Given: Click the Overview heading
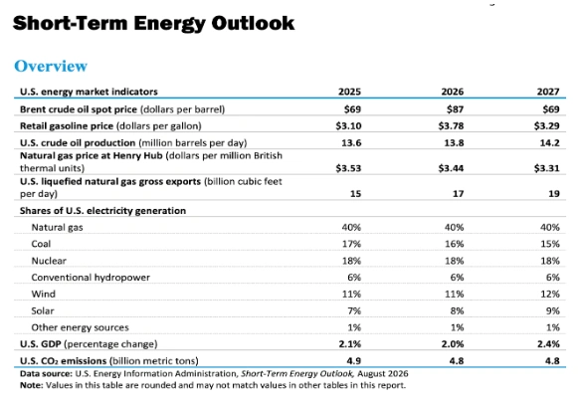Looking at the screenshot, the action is (51, 67).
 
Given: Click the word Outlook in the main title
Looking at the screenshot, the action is (253, 23).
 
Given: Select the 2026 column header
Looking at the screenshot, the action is (453, 92).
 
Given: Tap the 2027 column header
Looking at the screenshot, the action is (548, 92).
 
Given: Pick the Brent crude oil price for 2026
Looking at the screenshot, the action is (455, 109).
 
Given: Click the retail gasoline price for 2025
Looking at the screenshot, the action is (348, 125).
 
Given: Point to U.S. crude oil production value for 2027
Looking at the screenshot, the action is (549, 142).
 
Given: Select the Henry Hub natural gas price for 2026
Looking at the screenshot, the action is (451, 168).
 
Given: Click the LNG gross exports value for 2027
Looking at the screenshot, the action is (554, 194).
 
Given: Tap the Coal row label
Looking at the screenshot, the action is (41, 244).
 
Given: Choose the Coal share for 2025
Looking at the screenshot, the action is (351, 244).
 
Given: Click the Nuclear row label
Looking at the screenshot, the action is (49, 261).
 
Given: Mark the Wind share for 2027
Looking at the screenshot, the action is (550, 294).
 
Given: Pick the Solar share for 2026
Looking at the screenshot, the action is (457, 310).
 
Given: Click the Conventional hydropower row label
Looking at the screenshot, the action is (91, 278).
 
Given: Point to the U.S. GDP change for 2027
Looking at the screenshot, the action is (548, 344).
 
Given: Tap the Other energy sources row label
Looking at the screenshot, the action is (80, 327).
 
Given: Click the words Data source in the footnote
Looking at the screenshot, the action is (46, 374).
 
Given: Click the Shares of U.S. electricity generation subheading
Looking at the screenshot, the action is (102, 211).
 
